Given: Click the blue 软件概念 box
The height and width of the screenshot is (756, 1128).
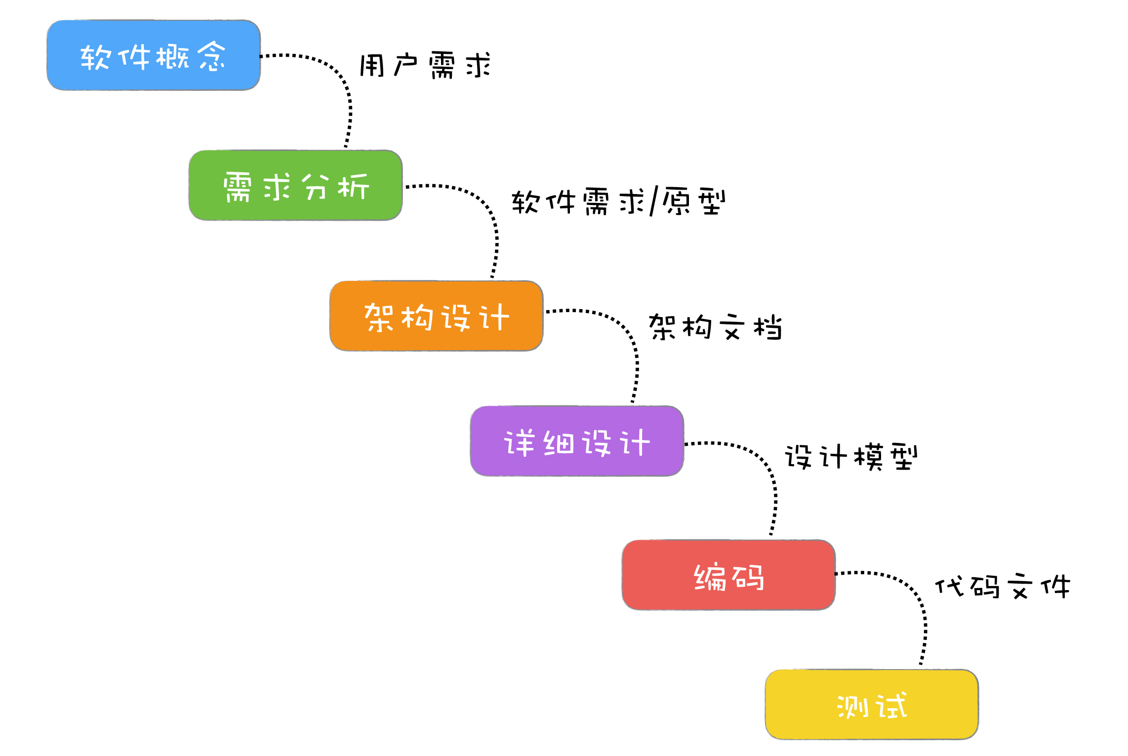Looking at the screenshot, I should pyautogui.click(x=154, y=55).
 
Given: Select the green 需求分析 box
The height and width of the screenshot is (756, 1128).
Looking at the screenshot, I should pyautogui.click(x=295, y=186).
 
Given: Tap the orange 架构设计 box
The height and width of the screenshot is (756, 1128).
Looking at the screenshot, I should pyautogui.click(x=436, y=316).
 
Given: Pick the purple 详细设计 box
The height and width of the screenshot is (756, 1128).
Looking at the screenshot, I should pyautogui.click(x=577, y=441).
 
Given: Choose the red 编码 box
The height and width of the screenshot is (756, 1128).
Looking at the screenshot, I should pyautogui.click(x=728, y=575).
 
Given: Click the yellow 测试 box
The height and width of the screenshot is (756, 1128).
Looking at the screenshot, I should pyautogui.click(x=872, y=705).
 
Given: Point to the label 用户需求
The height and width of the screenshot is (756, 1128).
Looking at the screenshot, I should pyautogui.click(x=425, y=65).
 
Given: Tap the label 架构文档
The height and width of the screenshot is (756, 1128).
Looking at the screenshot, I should pyautogui.click(x=715, y=327).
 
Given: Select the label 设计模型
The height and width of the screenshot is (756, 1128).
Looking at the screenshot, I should pyautogui.click(x=851, y=456).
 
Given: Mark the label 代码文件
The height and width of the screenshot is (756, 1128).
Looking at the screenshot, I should pyautogui.click(x=1003, y=587).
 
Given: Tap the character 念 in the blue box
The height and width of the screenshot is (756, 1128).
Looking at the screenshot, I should pyautogui.click(x=212, y=56).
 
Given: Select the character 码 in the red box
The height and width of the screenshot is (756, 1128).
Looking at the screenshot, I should pyautogui.click(x=749, y=577).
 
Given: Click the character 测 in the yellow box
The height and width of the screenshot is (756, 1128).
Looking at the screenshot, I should pyautogui.click(x=853, y=706).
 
